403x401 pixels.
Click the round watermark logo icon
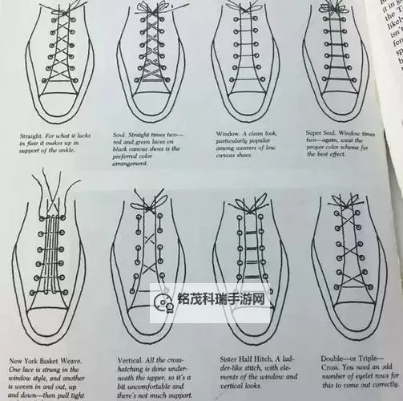[x=162, y=303]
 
